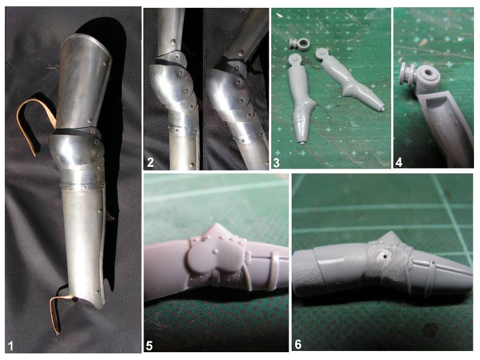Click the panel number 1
click(x=11, y=346)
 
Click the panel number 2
click(x=150, y=162)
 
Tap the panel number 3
click(x=276, y=163)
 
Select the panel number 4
click(x=398, y=162)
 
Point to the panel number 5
click(x=149, y=346)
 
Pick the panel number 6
click(x=298, y=344)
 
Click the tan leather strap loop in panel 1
click(x=34, y=122)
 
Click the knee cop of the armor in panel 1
click(x=75, y=152)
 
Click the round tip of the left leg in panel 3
click(x=303, y=142)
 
